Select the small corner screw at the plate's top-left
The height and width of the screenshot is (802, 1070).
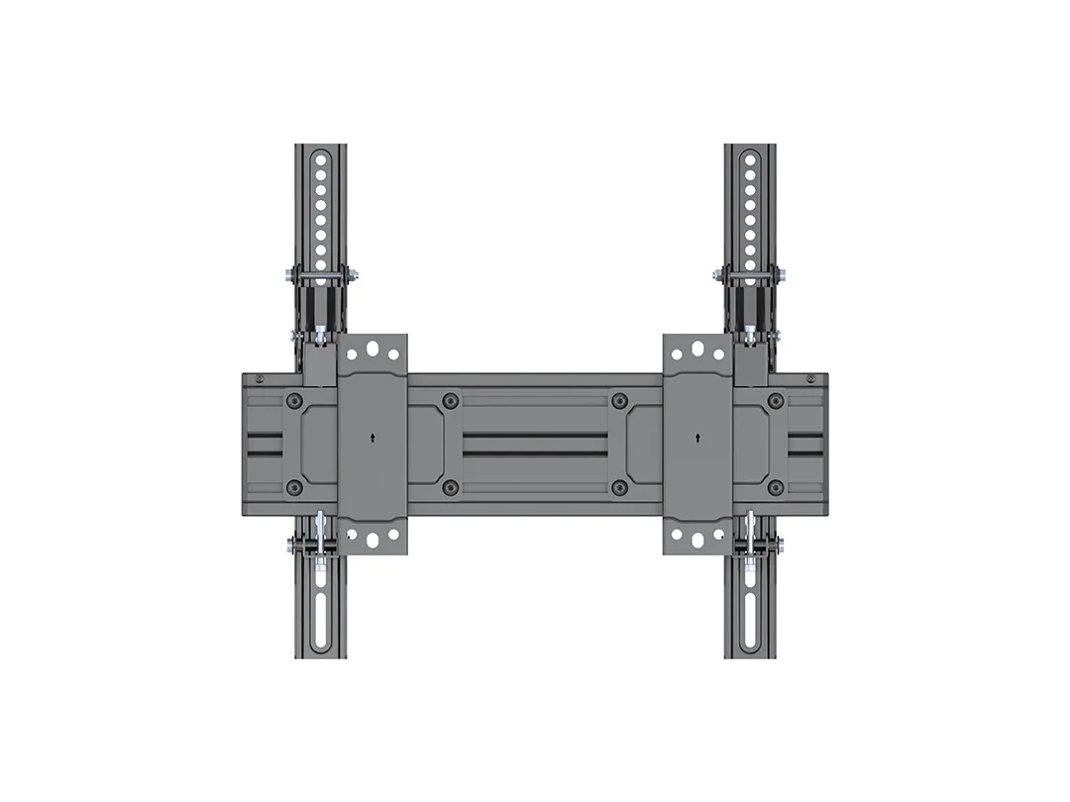pyautogui.click(x=260, y=378)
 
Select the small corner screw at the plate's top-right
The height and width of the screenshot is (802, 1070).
pyautogui.click(x=811, y=378)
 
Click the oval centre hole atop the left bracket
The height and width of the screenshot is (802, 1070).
pyautogui.click(x=373, y=349)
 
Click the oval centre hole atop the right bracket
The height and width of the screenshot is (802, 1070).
pyautogui.click(x=698, y=349)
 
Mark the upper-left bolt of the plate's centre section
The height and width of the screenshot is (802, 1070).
pyautogui.click(x=451, y=401)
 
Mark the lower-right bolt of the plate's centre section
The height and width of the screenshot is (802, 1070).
pyautogui.click(x=619, y=486)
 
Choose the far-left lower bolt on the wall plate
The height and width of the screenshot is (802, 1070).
pyautogui.click(x=294, y=486)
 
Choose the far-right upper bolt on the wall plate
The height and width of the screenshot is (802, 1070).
pyautogui.click(x=776, y=401)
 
